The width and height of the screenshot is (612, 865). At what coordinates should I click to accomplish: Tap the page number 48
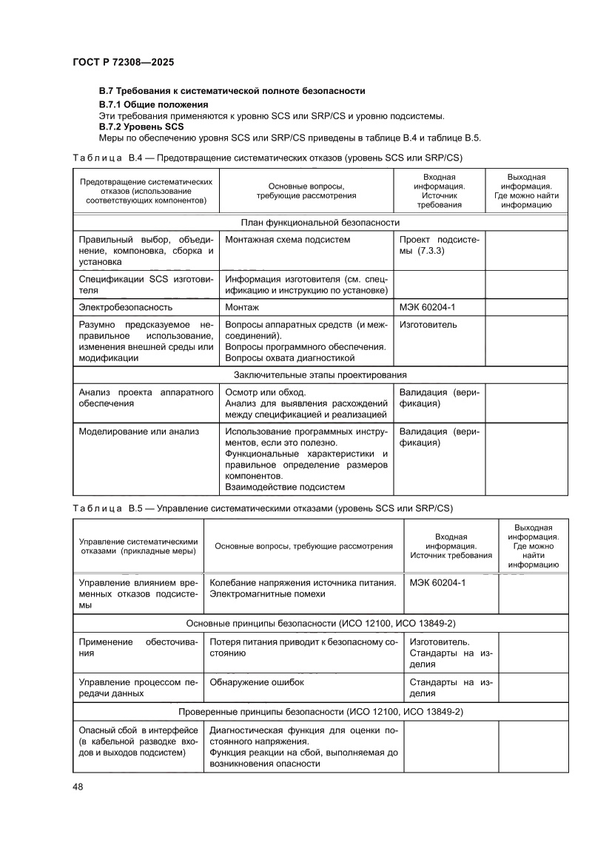coord(78,786)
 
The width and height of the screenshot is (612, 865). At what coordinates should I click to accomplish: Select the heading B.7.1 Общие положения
coord(154,104)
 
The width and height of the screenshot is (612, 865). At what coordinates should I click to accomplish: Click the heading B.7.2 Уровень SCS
coord(142,127)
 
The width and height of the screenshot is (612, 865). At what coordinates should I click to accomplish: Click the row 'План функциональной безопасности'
coord(320,222)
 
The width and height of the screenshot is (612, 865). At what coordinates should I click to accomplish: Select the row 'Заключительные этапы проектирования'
coord(320,374)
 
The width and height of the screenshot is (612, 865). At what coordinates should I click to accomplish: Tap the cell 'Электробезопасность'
coord(126,306)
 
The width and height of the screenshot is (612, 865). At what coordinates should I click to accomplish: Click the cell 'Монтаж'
coord(242,306)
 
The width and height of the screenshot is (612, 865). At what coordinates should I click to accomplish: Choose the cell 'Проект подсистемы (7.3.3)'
coord(439,245)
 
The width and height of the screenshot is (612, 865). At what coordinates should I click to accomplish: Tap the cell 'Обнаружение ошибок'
coord(257,681)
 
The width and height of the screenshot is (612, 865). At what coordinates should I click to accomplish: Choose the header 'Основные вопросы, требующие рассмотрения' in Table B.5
coord(303,546)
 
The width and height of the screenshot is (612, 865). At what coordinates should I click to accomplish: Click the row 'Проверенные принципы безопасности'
coord(320,711)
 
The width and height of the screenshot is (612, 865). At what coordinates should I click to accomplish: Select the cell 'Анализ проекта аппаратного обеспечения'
coord(146,397)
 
